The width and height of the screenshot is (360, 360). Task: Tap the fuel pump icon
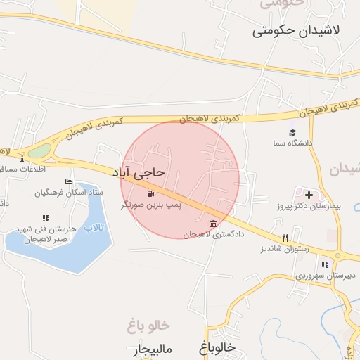pyautogui.click(x=150, y=193)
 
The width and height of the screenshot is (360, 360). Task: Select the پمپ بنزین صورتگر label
pyautogui.click(x=152, y=205)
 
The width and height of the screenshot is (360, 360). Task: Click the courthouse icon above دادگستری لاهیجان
pyautogui.click(x=213, y=224)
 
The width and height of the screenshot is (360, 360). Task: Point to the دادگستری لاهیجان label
pyautogui.click(x=213, y=234)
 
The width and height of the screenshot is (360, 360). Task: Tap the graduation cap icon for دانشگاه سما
pyautogui.click(x=292, y=132)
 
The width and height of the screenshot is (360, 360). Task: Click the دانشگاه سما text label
pyautogui.click(x=292, y=143)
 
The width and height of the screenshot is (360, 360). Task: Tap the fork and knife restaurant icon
pyautogui.click(x=285, y=238)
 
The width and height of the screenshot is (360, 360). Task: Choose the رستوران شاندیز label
pyautogui.click(x=285, y=248)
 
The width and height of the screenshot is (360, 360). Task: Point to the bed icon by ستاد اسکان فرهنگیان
pyautogui.click(x=68, y=181)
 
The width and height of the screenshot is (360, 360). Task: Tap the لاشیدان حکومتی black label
pyautogui.click(x=295, y=31)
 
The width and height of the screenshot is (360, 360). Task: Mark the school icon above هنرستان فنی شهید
pyautogui.click(x=46, y=218)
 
